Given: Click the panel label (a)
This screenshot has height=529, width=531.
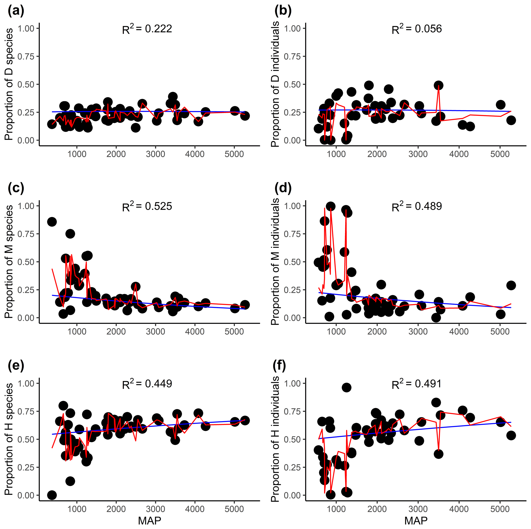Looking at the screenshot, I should (16, 11).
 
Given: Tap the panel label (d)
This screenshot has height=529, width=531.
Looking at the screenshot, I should (283, 188).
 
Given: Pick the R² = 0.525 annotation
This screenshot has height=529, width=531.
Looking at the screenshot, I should (147, 206).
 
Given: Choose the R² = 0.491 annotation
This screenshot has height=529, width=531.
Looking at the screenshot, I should (417, 384).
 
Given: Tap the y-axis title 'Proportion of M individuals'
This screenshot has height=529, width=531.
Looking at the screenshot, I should (275, 262).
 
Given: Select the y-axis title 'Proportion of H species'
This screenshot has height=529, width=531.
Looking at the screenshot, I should (9, 439).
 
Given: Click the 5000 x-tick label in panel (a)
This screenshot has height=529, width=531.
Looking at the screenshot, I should (234, 154).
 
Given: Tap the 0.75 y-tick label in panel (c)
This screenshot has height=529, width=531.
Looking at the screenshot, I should (26, 234).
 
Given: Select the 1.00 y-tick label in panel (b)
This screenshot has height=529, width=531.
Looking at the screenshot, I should (292, 28).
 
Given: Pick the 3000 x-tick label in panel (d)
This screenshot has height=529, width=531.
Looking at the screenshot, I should (418, 332).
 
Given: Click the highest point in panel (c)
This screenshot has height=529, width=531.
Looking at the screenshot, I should (52, 222).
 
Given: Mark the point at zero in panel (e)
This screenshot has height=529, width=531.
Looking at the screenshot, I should (52, 495).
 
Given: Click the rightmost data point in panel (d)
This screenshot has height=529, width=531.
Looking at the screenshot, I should (511, 286).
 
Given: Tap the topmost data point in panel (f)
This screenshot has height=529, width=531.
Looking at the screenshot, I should (346, 388).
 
